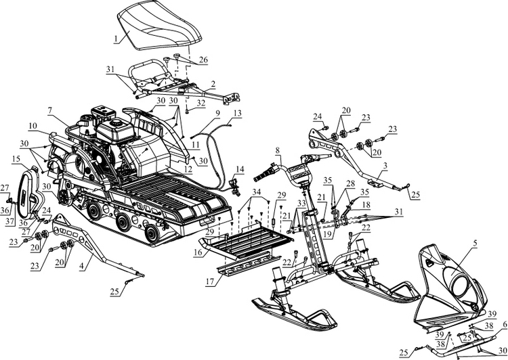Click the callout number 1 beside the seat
(116, 38)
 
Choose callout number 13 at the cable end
(236, 113)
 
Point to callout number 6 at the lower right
(503, 325)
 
